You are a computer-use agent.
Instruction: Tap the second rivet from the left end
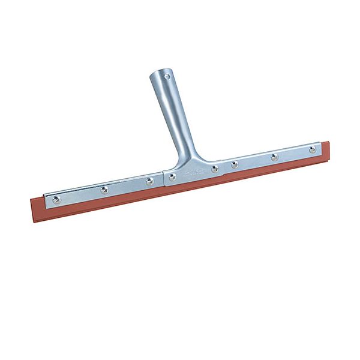pos(104,190)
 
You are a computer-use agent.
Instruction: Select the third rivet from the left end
pos(149,181)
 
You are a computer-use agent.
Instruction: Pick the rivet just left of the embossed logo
pos(172,177)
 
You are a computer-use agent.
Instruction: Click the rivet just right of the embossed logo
pos(215,169)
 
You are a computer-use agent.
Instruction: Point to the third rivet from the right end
pos(235,164)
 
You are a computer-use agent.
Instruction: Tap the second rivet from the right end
pos(274,157)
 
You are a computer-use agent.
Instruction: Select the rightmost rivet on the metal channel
pos(313,149)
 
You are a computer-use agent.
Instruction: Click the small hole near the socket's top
pos(167,77)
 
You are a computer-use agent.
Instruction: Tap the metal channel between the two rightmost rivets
pos(293,154)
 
